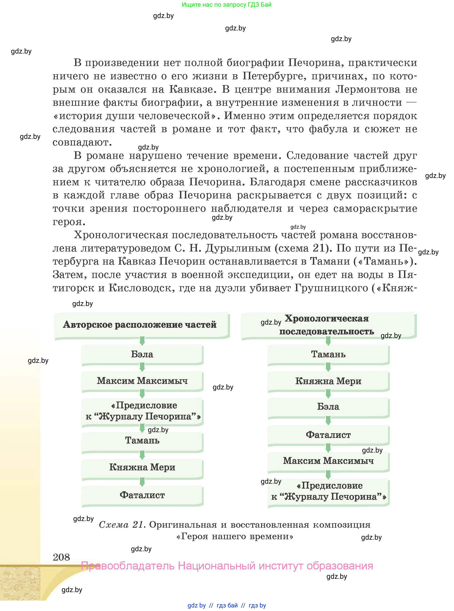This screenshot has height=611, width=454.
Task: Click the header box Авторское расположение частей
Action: click(142, 325)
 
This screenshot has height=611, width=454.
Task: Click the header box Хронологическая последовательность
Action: click(328, 325)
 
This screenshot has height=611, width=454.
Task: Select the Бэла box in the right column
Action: click(328, 407)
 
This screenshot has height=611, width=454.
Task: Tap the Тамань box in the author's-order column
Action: click(142, 441)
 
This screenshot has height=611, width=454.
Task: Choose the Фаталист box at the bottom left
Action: click(142, 495)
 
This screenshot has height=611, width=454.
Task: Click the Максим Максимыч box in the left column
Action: click(142, 381)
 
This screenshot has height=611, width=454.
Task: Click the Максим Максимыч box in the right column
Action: click(328, 461)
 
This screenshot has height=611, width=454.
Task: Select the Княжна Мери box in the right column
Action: click(328, 381)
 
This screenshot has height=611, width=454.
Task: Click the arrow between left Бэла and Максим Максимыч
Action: click(142, 367)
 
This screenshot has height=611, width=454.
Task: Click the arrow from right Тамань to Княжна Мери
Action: click(328, 367)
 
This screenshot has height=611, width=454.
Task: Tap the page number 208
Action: click(61, 557)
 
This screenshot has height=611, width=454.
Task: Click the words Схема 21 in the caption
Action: click(122, 525)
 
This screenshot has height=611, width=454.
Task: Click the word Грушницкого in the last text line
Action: click(331, 288)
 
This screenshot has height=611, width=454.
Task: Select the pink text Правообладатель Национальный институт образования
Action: click(227, 566)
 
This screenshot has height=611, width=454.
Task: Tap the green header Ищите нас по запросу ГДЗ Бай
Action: click(226, 5)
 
